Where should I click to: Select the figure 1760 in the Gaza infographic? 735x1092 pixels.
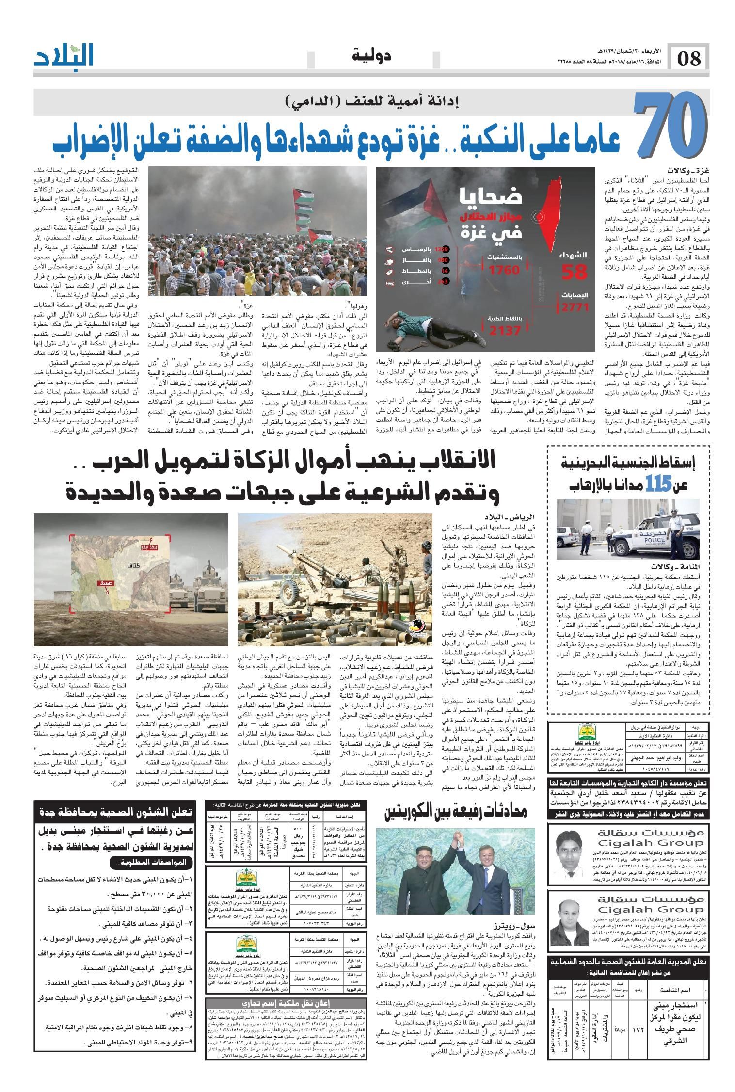[504, 271]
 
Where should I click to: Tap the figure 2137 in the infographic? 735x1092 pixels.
[504, 331]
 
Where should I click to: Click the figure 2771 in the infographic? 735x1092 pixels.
[576, 307]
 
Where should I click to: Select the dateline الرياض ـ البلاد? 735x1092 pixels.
[510, 517]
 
